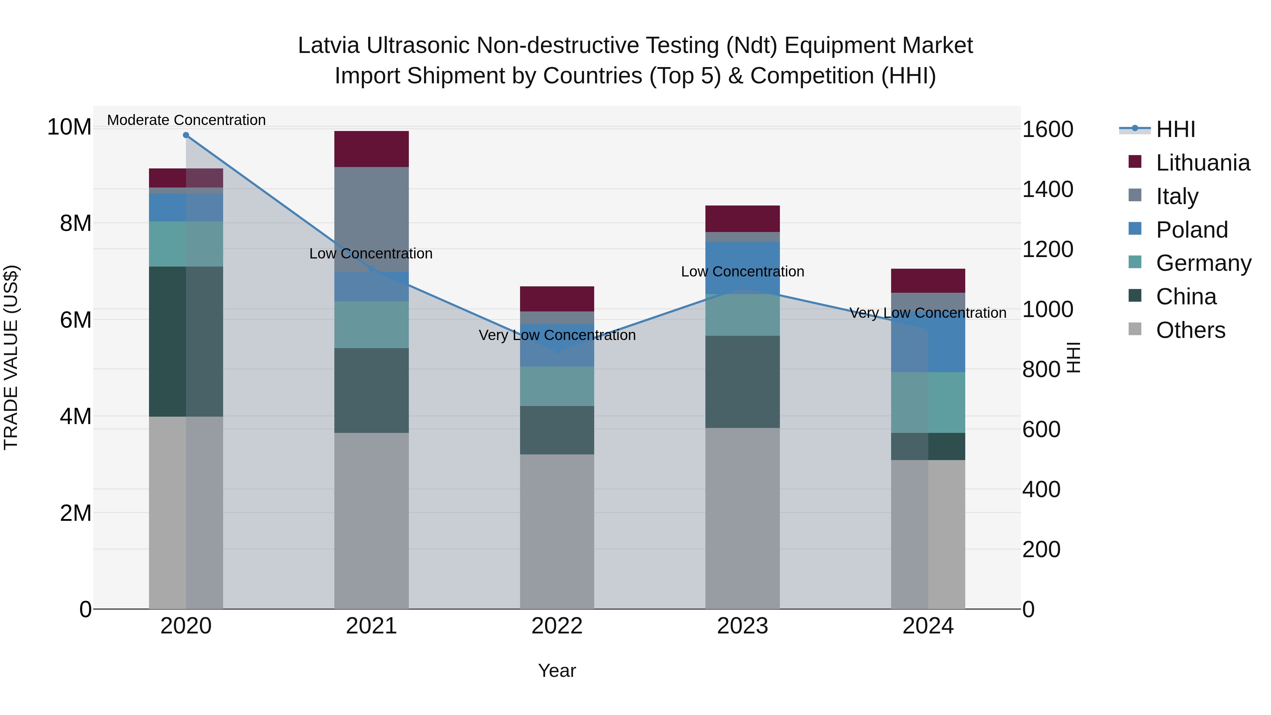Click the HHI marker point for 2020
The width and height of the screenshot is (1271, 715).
pos(186,135)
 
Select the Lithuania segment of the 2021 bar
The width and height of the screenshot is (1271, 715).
pos(371,149)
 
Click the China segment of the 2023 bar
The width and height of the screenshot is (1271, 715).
pos(742,382)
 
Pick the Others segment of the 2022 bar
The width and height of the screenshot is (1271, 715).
pos(557,531)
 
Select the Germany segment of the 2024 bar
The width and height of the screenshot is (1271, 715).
pos(928,402)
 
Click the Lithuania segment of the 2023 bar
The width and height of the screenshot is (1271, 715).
pos(742,219)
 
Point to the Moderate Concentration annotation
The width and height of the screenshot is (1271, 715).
pos(186,120)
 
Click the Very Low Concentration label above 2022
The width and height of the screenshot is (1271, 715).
pos(557,335)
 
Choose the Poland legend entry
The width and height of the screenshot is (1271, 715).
pos(1192,230)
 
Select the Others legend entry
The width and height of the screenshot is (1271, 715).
pos(1190,330)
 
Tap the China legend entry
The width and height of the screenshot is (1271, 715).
pos(1186,297)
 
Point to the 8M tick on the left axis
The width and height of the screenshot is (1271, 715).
pos(76,223)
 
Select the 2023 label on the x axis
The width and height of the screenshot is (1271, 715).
pos(742,626)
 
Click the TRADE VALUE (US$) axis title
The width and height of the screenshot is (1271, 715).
pos(11,357)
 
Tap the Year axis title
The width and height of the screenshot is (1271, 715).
pos(557,671)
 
